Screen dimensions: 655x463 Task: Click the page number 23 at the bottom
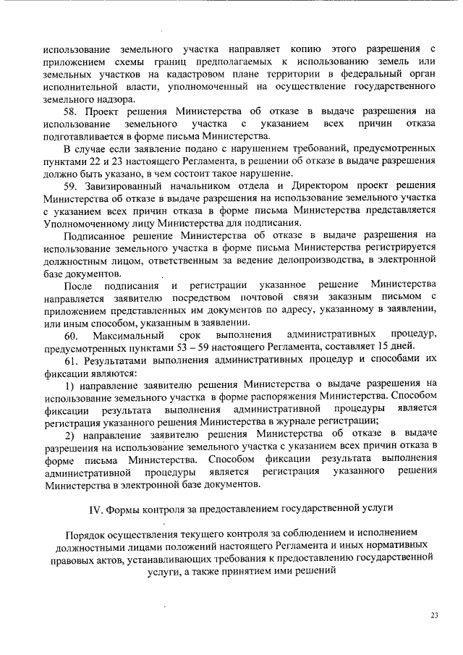click(x=434, y=615)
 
